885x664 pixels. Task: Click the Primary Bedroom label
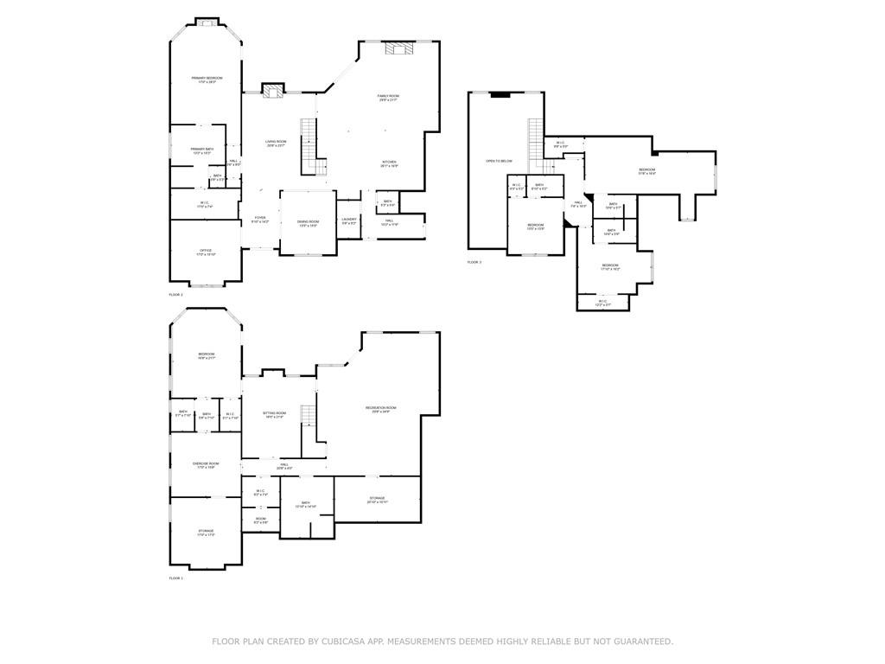[x=207, y=79]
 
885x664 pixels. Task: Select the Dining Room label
[x=309, y=222]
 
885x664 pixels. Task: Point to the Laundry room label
[x=349, y=220]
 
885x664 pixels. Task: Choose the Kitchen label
[x=390, y=162]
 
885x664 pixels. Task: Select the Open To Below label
[x=499, y=161]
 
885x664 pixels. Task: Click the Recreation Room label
[x=380, y=408]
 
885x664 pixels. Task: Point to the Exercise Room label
[x=206, y=464]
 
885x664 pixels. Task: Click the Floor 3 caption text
[x=474, y=262]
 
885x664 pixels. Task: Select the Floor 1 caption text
[x=175, y=578]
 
